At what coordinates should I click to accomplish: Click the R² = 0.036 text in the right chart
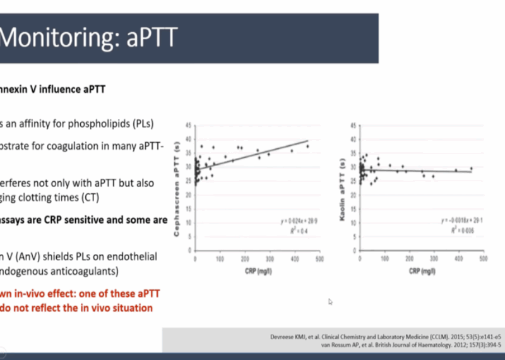(461, 232)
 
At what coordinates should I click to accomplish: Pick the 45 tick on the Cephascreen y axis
(188, 126)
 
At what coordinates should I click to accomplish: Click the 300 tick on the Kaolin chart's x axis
(434, 259)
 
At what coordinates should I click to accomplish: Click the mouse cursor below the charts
(330, 302)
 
